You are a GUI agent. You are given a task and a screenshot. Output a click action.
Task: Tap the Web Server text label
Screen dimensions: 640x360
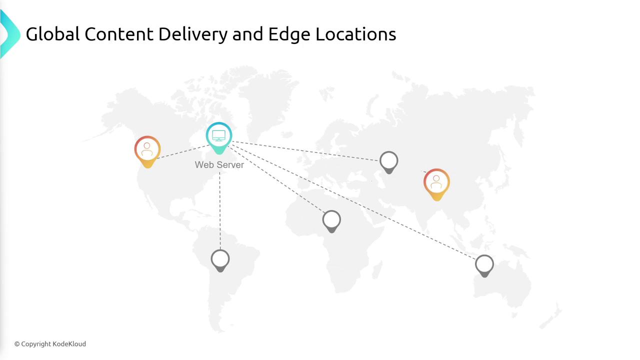219,165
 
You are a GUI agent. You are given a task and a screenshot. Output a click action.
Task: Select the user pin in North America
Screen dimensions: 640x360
147,151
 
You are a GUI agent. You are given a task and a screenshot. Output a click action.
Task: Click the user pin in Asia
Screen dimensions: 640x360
436,184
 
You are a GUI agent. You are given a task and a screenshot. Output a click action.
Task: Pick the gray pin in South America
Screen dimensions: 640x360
220,260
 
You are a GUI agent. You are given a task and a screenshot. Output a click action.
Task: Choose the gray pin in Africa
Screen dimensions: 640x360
331,221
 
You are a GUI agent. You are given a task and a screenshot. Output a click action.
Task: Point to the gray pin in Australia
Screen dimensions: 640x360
484,265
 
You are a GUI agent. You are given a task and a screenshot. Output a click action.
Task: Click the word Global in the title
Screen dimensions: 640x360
52,34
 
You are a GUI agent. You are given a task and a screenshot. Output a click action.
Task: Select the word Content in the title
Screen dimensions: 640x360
119,34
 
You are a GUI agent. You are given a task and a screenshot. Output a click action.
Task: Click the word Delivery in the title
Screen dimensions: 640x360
193,35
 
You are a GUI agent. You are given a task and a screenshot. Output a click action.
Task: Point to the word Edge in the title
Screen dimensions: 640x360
289,35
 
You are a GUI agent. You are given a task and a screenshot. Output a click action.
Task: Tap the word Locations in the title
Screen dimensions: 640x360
355,34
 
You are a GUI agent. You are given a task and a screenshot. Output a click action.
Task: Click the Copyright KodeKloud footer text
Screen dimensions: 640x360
50,344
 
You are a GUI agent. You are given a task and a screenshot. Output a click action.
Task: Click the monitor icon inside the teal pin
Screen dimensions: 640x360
219,135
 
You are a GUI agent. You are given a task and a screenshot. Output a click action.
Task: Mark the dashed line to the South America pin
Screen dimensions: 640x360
220,211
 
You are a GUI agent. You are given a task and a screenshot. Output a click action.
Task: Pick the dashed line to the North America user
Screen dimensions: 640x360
183,151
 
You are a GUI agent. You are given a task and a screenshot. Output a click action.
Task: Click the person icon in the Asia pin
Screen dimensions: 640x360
436,182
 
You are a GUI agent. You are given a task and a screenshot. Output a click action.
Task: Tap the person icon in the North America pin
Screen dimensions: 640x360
147,149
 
